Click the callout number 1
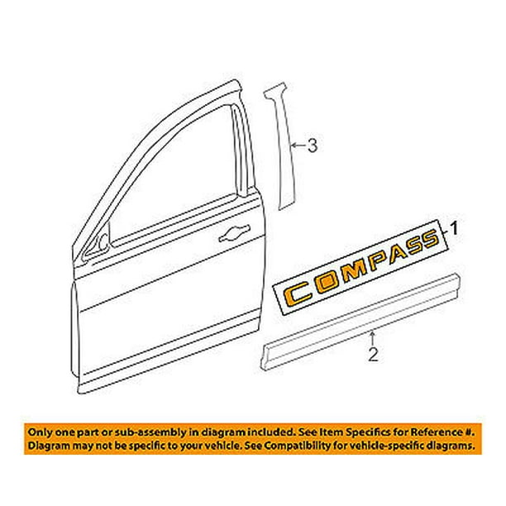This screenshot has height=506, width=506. pos(454,228)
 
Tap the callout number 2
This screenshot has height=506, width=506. pos(373,355)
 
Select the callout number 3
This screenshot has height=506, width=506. pos(312,146)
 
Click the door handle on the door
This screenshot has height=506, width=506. pos(234,233)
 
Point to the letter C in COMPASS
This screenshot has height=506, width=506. pos(297,294)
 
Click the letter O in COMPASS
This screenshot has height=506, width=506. pos(327,283)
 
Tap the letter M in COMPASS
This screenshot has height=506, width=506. pos(354,271)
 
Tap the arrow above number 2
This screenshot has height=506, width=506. pos(373,337)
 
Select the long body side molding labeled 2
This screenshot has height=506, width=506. pos(360,322)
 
